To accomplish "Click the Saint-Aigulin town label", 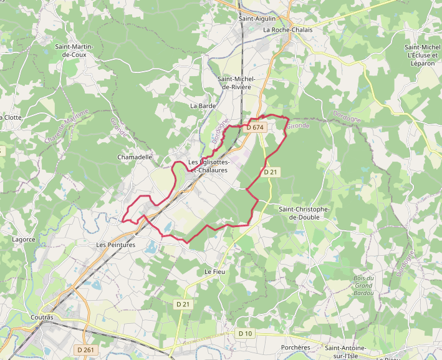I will [257, 19].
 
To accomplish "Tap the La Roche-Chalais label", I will [287, 29].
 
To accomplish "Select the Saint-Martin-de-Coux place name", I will [79, 51].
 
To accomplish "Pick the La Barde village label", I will [203, 106].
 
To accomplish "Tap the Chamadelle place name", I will [135, 157].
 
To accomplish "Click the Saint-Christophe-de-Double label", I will [309, 213].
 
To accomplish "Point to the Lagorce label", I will [24, 239].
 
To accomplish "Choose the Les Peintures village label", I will [116, 245].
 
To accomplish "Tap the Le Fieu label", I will [214, 272].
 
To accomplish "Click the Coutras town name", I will [42, 318].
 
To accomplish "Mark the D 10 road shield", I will [246, 334].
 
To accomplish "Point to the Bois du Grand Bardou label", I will [362, 286].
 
